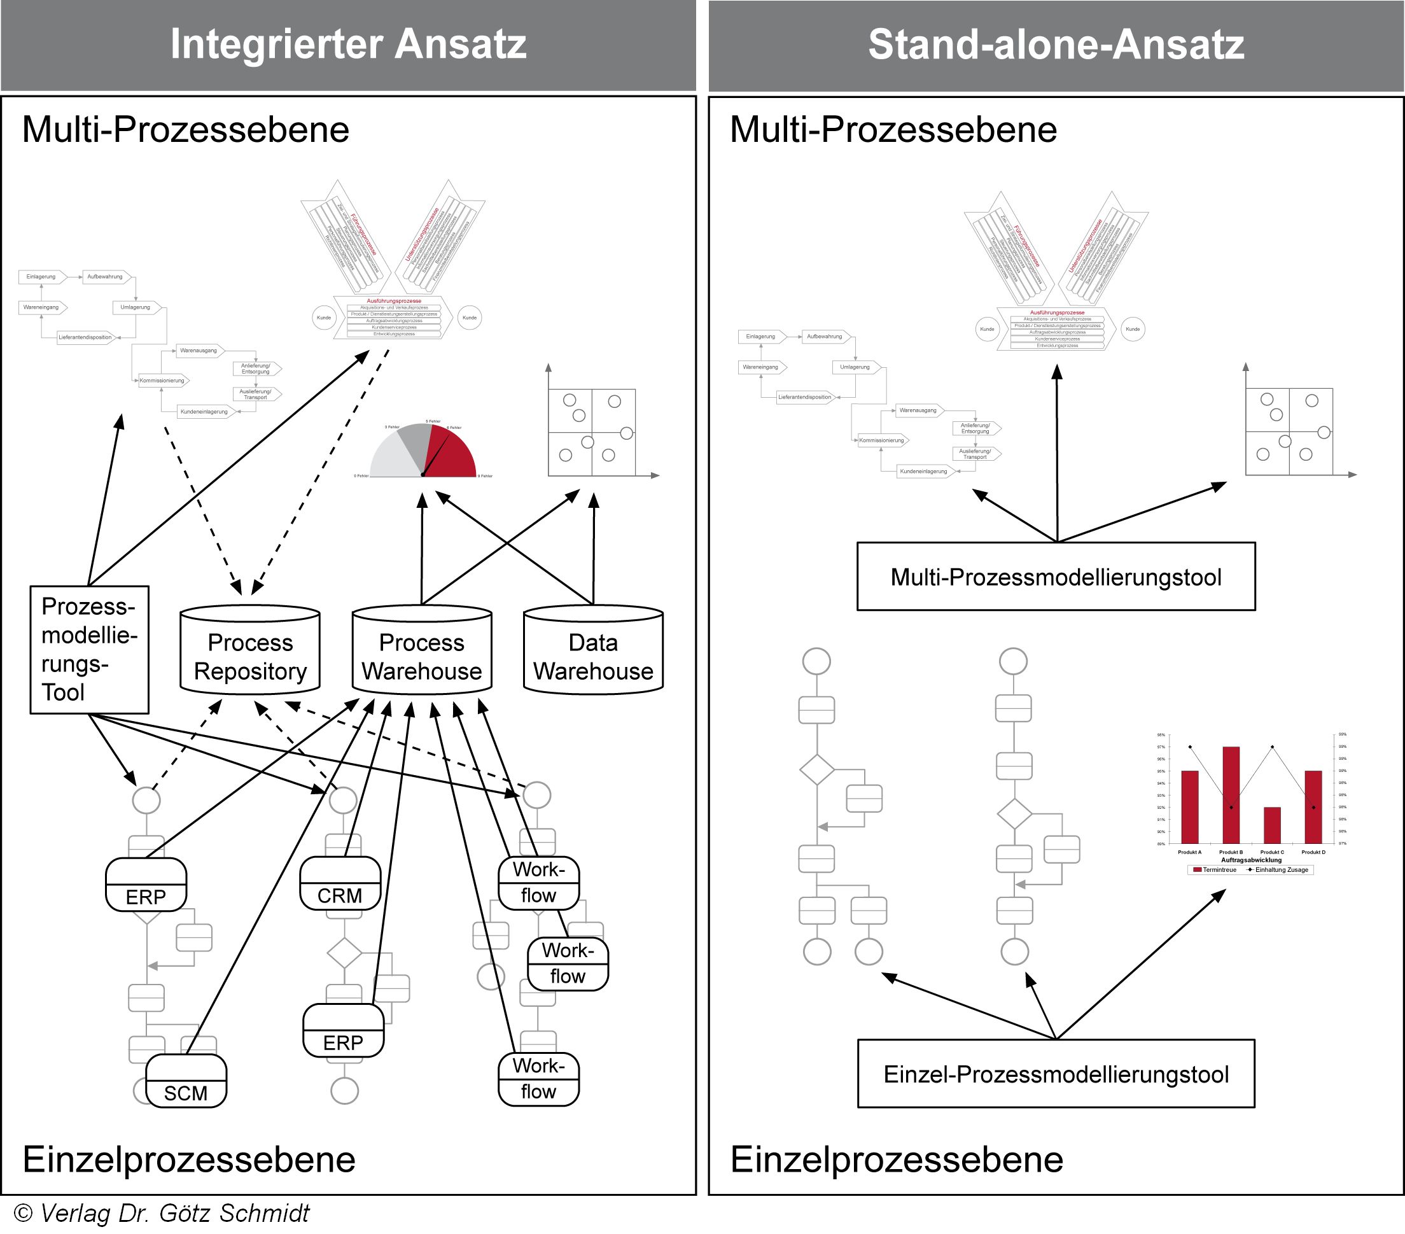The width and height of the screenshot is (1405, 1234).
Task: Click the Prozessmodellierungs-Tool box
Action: point(89,649)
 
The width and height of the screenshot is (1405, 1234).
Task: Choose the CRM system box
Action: point(340,885)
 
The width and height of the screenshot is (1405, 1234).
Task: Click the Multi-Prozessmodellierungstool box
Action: point(1056,577)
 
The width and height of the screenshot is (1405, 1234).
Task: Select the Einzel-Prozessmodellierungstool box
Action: point(1056,1074)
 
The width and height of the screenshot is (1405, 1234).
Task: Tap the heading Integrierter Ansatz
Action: point(348,44)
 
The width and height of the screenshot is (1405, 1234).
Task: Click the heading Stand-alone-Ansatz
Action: point(1056,44)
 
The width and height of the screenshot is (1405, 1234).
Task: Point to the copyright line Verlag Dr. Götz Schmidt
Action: point(162,1214)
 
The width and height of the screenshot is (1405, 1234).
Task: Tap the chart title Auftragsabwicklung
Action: point(1251,860)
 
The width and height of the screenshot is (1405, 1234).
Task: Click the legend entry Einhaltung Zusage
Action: point(1280,869)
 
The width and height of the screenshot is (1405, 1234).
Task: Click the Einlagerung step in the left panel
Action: point(41,277)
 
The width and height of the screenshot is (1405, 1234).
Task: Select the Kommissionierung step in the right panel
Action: point(881,440)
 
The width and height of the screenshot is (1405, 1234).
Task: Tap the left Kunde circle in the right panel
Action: point(987,329)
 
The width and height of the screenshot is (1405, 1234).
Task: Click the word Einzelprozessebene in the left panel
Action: point(189,1159)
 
